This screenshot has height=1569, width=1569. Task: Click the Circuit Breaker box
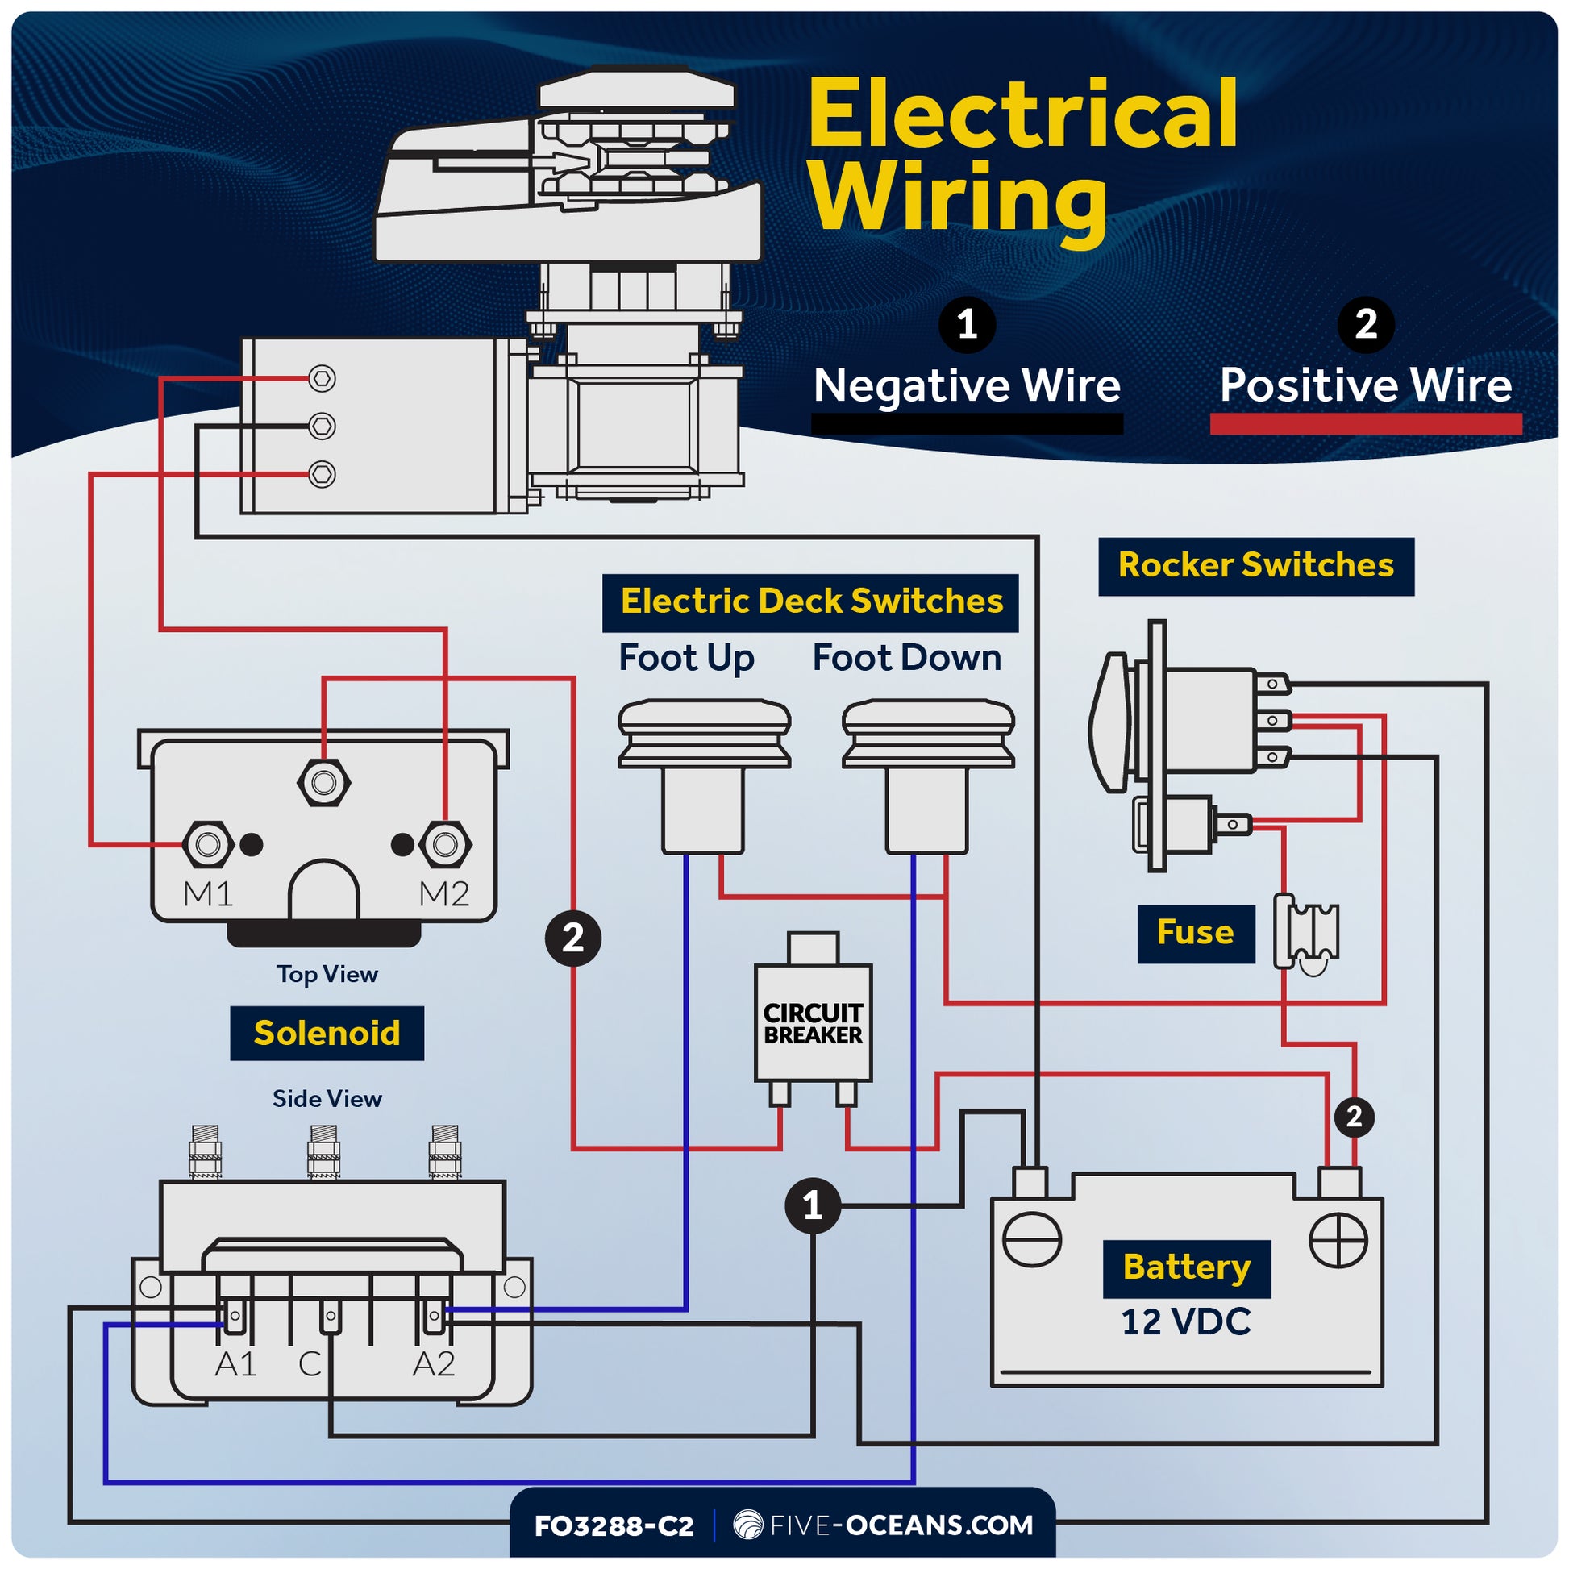coord(813,1023)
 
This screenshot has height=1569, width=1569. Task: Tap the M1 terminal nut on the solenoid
coord(209,845)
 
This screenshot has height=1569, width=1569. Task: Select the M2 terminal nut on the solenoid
coord(445,845)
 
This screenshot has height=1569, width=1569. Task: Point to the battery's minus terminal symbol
coord(1031,1240)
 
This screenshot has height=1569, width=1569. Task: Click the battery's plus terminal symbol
coord(1338,1240)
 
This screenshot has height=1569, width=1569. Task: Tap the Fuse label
coord(1195,932)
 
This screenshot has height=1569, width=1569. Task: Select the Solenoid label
coord(327,1033)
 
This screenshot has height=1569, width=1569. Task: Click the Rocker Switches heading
coord(1255,565)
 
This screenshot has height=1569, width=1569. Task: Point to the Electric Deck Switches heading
coord(810,601)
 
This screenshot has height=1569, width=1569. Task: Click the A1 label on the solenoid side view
coord(235,1364)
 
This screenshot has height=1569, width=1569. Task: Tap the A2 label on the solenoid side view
coord(434,1364)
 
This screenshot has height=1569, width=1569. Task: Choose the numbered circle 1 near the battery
coord(813,1206)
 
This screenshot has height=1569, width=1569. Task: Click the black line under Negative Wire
coord(967,424)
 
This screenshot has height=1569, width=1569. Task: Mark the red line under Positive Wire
coord(1365,424)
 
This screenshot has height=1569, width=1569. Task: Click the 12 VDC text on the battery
coord(1186,1322)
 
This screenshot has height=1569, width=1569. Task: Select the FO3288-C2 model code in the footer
coord(614,1526)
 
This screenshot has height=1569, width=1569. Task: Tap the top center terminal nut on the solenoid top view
coord(324,783)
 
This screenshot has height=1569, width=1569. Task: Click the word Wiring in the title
coord(959,199)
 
